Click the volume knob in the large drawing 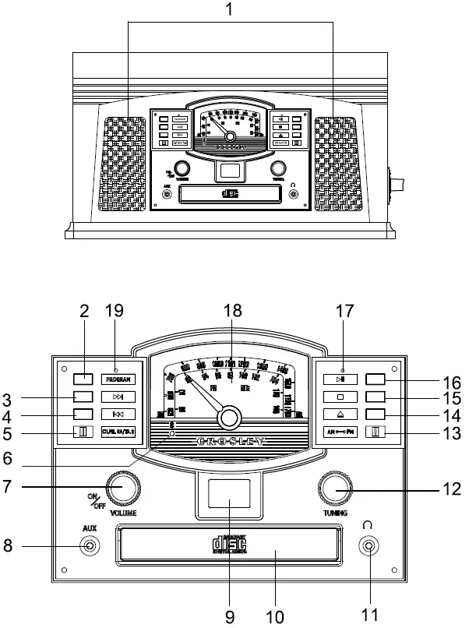[121, 489]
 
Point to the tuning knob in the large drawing [336, 489]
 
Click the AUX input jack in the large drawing [91, 546]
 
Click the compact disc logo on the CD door [229, 545]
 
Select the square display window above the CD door [229, 496]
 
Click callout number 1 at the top [228, 11]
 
